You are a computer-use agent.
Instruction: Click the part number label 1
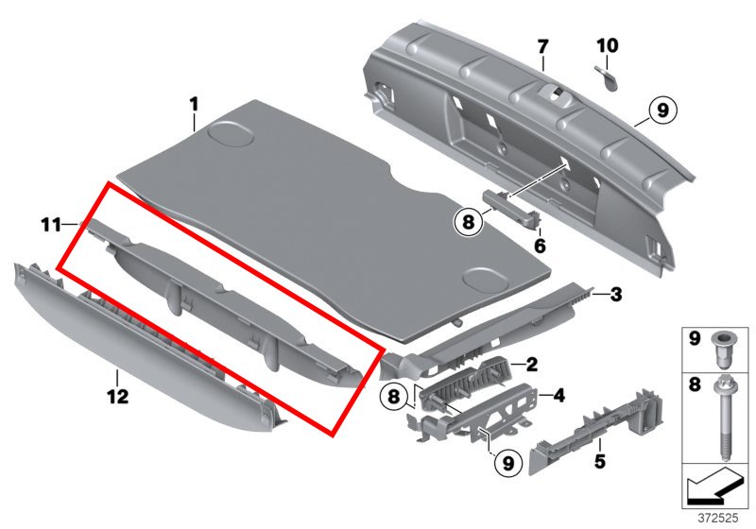click(194, 105)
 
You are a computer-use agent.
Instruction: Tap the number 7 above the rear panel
click(542, 47)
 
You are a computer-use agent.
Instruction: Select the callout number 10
click(607, 45)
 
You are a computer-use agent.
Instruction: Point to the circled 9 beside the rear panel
click(663, 111)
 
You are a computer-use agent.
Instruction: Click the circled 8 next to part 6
click(468, 222)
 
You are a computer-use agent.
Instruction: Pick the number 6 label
click(540, 246)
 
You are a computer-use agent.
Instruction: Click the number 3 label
click(616, 295)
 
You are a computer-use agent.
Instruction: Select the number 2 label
click(532, 365)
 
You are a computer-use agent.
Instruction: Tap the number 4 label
click(558, 396)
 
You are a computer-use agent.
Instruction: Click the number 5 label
click(599, 462)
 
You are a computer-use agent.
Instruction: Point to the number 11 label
click(51, 225)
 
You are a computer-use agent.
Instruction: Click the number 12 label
click(118, 397)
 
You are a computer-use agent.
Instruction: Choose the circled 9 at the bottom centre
click(508, 464)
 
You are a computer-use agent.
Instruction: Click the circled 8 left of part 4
click(394, 397)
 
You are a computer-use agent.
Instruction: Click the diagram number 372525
click(718, 519)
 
